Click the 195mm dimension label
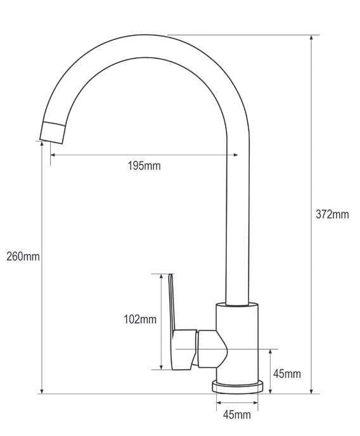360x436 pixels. (144, 166)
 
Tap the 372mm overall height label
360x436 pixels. (332, 214)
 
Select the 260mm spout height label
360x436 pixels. (23, 257)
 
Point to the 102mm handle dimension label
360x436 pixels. (140, 319)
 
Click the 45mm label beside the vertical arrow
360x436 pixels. (287, 374)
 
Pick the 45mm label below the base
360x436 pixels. (237, 415)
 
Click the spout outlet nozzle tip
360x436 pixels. (52, 132)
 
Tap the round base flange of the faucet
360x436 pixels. (237, 387)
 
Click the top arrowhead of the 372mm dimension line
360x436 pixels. (311, 38)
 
